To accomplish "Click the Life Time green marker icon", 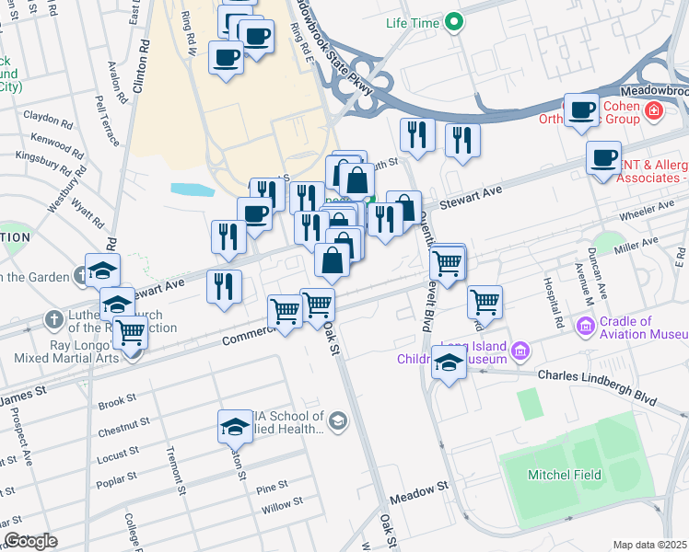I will [x=453, y=22].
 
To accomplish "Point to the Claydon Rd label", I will [x=48, y=119].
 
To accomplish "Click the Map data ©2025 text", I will [x=649, y=545].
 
